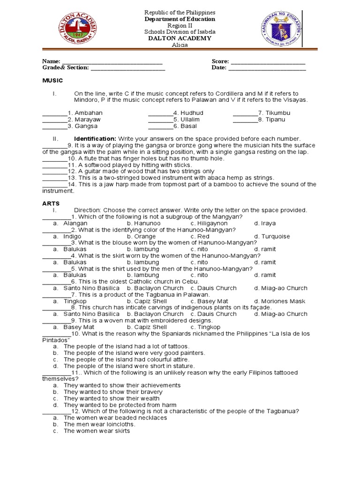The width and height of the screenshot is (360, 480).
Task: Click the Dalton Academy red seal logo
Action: click(77, 30)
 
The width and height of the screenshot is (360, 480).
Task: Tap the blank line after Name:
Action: click(112, 62)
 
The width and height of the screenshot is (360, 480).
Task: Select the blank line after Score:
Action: click(268, 62)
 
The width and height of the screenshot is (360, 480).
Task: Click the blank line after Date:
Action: click(267, 68)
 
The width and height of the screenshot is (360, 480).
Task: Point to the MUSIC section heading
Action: click(52, 81)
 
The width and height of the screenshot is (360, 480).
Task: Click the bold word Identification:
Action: click(95, 139)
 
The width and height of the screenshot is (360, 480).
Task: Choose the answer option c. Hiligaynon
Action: click(209, 224)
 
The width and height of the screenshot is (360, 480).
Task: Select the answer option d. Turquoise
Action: click(272, 237)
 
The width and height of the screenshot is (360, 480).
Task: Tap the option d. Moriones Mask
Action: click(279, 301)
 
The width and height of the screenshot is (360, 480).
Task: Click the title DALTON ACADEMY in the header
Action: click(180, 38)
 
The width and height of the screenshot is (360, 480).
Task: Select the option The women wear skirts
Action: click(96, 431)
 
